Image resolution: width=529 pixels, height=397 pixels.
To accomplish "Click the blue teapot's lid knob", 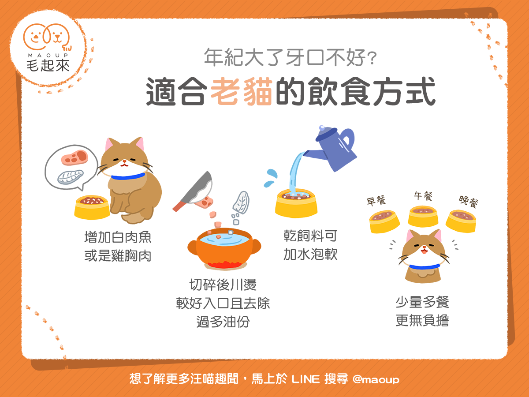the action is tap(322, 128).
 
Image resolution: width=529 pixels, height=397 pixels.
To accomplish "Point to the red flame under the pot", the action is tap(224, 264).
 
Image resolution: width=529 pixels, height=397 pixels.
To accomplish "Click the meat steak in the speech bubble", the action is tap(74, 157).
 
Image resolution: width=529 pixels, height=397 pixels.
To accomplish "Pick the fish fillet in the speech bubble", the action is tap(71, 177).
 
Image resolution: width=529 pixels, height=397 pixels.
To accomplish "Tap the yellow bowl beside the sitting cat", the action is tap(92, 207).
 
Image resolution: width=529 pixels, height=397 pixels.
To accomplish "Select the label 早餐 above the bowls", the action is tap(376, 201).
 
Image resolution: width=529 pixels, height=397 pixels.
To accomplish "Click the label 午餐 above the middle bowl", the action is tap(423, 196).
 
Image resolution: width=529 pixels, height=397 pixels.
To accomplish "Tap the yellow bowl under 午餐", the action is tap(423, 216).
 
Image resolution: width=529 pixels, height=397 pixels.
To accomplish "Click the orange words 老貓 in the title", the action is tap(241, 91).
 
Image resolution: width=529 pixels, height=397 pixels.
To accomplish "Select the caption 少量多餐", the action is tap(422, 302).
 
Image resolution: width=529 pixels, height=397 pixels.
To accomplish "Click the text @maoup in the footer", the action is tap(376, 379).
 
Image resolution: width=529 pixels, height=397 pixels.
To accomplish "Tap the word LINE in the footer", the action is tap(305, 379).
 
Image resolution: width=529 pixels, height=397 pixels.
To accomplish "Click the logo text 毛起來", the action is tap(48, 66).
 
